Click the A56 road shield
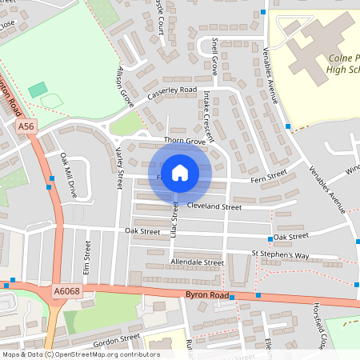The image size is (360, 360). point(26,126)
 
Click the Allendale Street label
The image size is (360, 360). point(197,262)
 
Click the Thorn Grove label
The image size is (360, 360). point(185,141)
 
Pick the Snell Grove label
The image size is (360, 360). point(214,57)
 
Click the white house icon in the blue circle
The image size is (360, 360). point(180,173)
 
